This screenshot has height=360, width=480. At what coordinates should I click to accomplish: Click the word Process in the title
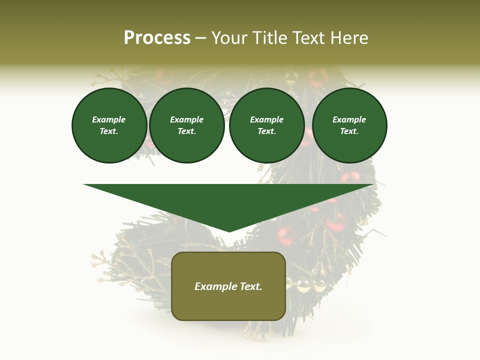157,38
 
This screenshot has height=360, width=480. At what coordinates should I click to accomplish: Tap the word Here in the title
348,38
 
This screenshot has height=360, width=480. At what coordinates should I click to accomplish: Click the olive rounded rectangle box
228,305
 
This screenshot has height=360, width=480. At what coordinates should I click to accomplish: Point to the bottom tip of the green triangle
229,231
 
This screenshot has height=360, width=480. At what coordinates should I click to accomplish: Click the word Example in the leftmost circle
109,120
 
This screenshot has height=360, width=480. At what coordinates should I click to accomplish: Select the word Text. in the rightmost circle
349,131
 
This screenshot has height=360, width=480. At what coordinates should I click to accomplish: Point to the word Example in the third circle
266,120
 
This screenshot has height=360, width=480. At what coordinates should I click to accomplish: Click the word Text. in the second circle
187,131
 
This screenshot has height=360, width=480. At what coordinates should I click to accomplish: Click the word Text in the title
307,38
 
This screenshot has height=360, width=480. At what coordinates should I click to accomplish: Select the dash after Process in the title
200,38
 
